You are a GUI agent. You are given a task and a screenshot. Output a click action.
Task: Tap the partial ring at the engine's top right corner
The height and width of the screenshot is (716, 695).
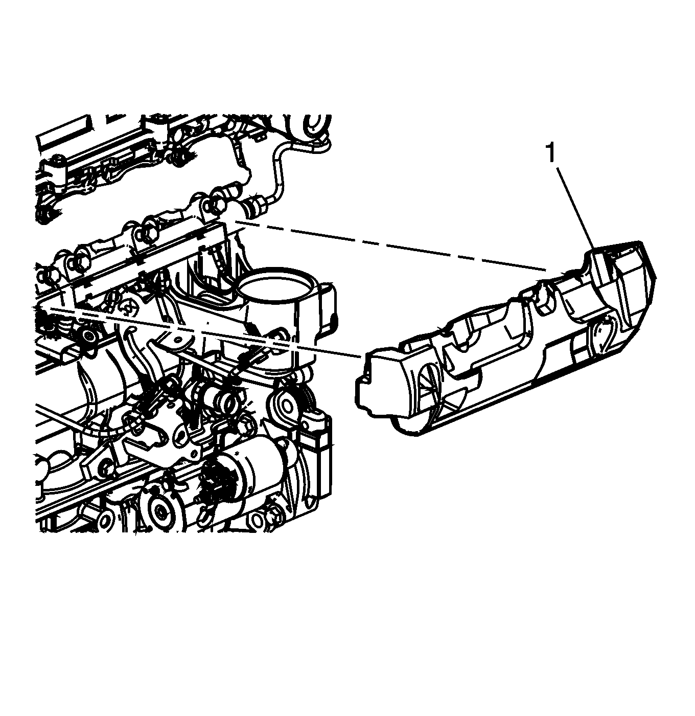[x=316, y=127]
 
